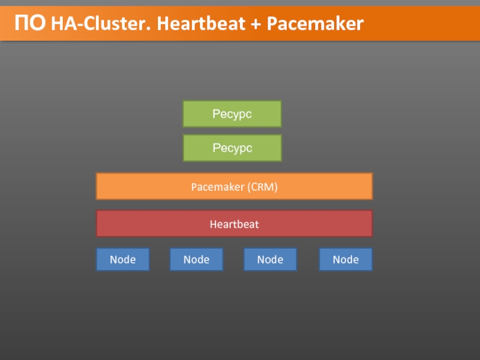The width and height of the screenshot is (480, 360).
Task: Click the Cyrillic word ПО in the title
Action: [x=30, y=23]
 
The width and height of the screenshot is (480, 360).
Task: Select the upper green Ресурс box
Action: [x=232, y=113]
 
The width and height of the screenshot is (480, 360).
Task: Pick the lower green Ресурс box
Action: [x=232, y=148]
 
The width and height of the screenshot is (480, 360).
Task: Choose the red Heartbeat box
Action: [x=234, y=224]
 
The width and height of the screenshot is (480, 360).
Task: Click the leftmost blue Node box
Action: [x=122, y=259]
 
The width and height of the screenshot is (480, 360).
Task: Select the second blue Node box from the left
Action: [x=196, y=259]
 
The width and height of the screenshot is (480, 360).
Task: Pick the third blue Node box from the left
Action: [x=270, y=259]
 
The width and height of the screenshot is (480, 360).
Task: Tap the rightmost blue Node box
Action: [x=345, y=259]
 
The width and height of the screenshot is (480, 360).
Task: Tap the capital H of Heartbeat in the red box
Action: [x=213, y=224]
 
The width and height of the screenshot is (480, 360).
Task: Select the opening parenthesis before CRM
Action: [x=248, y=187]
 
